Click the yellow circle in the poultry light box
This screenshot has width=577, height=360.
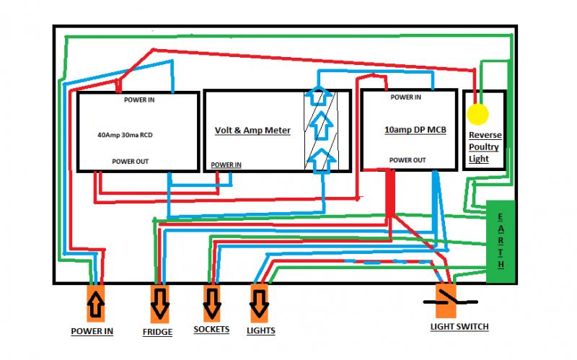pos(477,114)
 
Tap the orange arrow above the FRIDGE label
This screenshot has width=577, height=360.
pos(160,304)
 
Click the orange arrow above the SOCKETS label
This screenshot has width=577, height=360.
pos(212,302)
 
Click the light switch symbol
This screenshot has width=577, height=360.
pos(448,300)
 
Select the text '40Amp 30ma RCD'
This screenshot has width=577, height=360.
pos(124,135)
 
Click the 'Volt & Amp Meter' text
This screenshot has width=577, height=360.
pos(252,131)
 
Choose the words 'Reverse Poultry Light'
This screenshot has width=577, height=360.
pos(485,147)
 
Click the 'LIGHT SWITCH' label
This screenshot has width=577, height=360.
pos(459,327)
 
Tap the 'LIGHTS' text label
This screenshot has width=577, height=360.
pos(260,330)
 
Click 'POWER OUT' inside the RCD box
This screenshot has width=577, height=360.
pos(131,162)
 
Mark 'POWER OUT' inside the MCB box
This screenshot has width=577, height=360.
pos(407,159)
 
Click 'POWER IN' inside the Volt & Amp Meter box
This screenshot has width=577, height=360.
pos(226,164)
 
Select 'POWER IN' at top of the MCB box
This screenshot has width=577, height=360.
pos(407,97)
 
